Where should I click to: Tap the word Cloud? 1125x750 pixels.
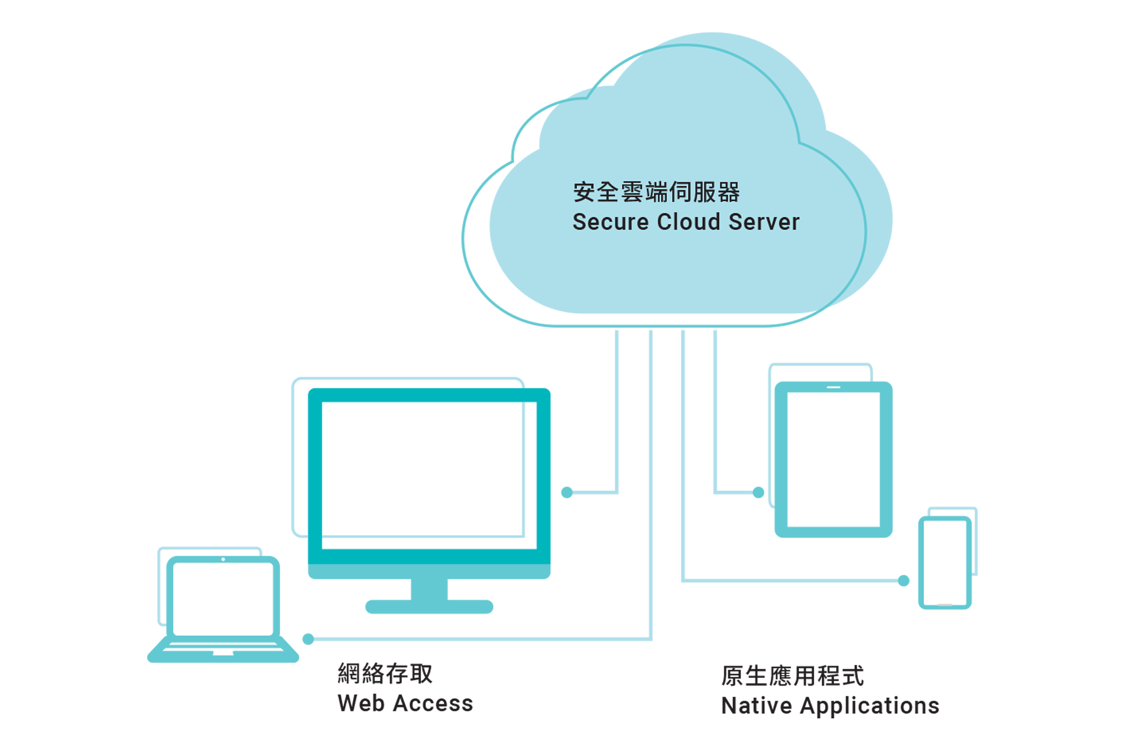[688, 222]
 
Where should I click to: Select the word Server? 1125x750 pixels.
[764, 222]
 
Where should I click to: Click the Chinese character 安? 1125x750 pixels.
[584, 192]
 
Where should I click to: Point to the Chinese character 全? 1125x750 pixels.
[608, 192]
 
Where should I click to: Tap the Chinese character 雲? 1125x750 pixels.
[632, 192]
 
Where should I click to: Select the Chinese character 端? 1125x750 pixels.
[656, 192]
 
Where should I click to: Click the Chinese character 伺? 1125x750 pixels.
[680, 192]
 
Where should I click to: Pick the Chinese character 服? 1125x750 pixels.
[704, 192]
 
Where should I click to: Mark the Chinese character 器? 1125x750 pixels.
[728, 192]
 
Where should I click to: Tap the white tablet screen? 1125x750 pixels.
[833, 459]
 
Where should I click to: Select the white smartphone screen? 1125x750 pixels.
[945, 561]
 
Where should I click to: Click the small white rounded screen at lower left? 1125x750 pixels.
[223, 599]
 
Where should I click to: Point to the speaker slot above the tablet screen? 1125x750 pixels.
[833, 387]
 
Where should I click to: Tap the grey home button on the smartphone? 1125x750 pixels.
[945, 604]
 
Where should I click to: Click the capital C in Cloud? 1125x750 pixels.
[664, 222]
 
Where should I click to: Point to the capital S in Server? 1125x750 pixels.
[734, 222]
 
